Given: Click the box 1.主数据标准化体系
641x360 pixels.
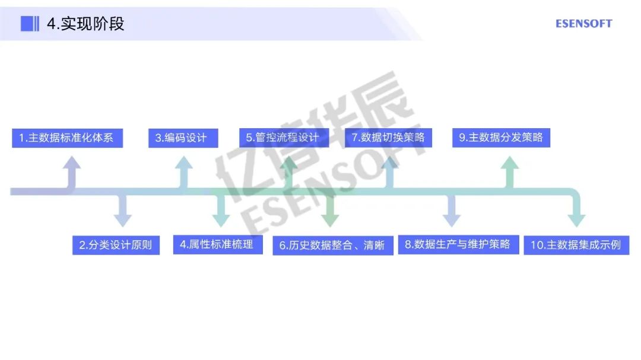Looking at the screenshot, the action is click(x=66, y=138).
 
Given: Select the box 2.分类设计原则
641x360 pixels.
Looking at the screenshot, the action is click(x=116, y=245).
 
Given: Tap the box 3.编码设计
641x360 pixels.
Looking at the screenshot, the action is click(x=183, y=138).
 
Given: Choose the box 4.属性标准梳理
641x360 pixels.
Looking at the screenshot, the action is click(x=217, y=244).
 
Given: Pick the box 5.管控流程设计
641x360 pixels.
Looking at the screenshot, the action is click(x=283, y=138).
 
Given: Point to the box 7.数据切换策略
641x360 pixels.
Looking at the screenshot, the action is click(x=388, y=138).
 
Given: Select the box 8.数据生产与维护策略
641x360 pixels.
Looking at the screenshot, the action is click(x=458, y=244).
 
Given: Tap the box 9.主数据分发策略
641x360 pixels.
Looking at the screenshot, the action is click(x=501, y=138).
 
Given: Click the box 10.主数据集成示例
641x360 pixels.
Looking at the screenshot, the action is click(x=576, y=245).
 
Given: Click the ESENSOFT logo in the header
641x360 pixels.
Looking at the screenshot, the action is click(x=583, y=24).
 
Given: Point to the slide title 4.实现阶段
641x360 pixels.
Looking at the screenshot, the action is click(x=85, y=24).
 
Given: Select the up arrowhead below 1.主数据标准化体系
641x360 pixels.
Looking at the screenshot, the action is click(x=72, y=164).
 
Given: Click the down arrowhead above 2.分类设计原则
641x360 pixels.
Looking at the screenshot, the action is click(x=123, y=220).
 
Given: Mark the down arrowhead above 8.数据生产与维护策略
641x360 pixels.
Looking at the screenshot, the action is click(x=452, y=220).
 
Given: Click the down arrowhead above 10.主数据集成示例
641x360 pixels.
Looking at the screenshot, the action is click(x=576, y=220).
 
